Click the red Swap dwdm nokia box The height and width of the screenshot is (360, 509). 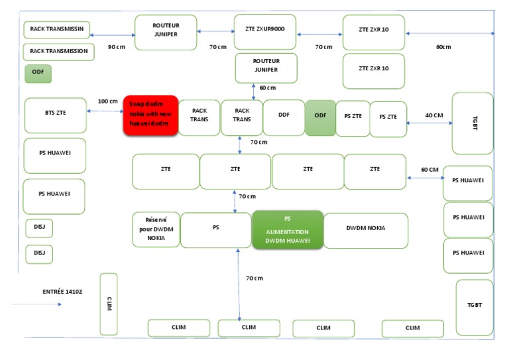pos(150,115)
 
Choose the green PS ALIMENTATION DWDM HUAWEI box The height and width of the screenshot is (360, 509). pos(288,229)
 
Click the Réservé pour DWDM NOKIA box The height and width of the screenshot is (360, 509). pos(156,229)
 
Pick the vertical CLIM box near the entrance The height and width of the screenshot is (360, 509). pos(109,304)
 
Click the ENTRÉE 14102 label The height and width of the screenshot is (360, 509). pos(62,291)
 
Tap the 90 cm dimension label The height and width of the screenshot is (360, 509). pos(117,47)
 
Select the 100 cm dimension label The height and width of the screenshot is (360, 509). pos(107,101)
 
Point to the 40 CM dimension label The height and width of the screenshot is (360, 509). pos(434,115)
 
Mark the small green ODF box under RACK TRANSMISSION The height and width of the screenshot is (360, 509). pos(38,73)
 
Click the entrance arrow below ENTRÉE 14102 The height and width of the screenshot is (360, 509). pos(37,304)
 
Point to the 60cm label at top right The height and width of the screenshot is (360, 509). pos(443,47)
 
